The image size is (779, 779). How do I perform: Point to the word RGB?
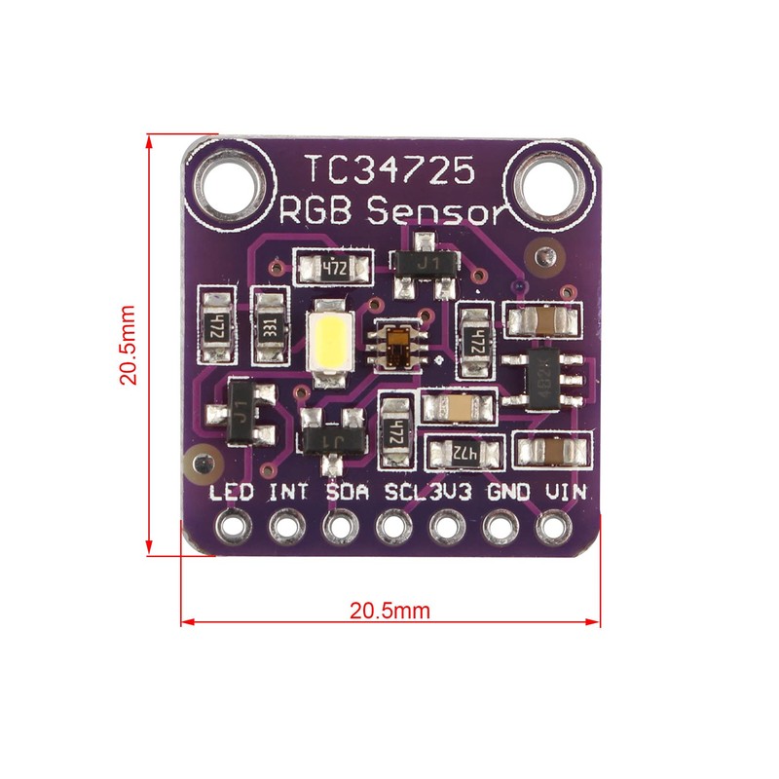tap(315, 211)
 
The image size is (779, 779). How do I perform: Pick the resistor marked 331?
tap(270, 327)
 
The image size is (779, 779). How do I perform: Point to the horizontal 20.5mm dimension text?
tap(389, 612)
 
